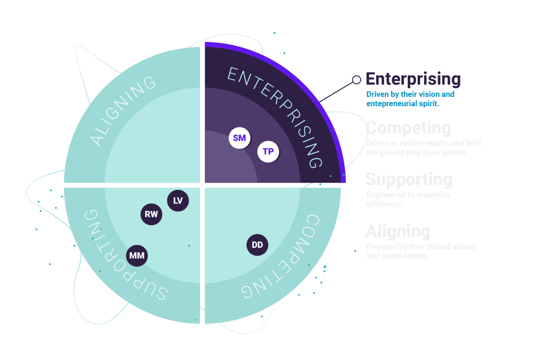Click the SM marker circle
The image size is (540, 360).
click(239, 138)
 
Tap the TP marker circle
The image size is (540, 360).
click(268, 152)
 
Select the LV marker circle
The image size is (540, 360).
click(178, 201)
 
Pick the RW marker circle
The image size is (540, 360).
click(151, 214)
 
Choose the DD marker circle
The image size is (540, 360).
click(257, 245)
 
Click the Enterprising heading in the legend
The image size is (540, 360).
click(413, 79)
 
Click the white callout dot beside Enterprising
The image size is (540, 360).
click(356, 80)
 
